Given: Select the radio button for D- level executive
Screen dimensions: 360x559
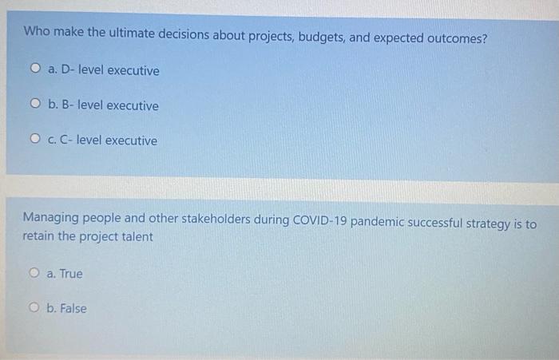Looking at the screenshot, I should tap(36, 70).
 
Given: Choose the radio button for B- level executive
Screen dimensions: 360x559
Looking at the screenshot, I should tap(36, 105).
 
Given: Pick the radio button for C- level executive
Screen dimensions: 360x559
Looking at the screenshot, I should tap(36, 140).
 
